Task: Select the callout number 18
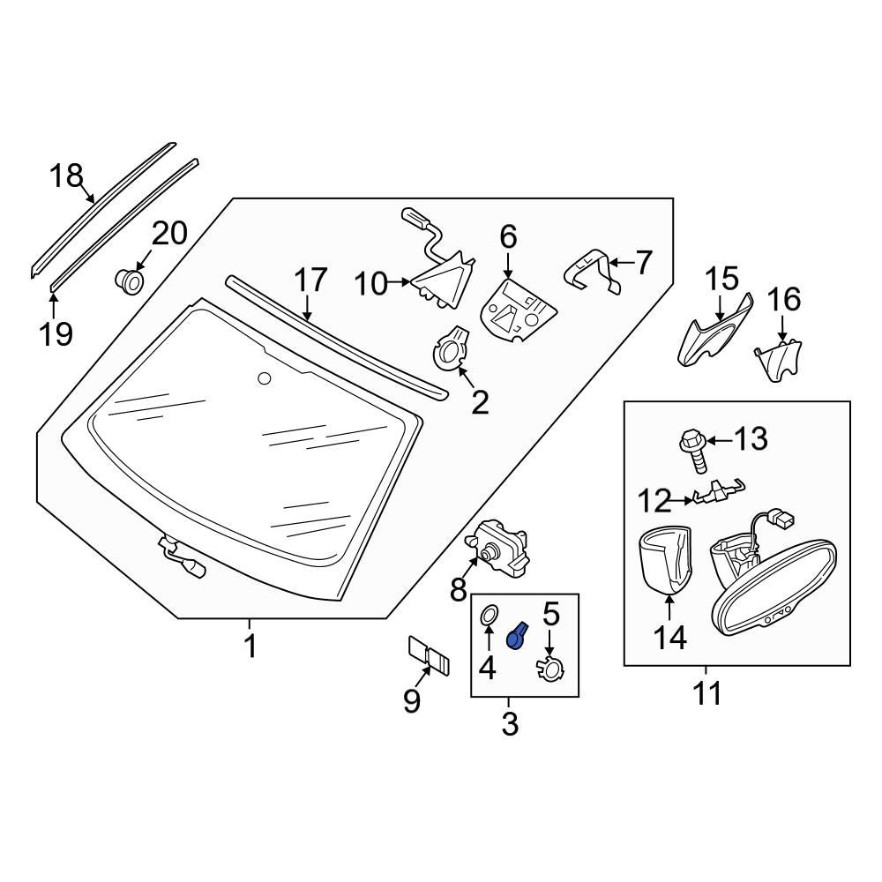tap(65, 176)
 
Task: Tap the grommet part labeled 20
tap(131, 281)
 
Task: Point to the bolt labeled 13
tap(692, 448)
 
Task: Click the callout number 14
tap(669, 638)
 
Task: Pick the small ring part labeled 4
tap(488, 616)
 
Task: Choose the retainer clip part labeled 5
tap(550, 670)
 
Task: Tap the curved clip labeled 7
tap(586, 268)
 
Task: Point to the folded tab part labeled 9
tap(429, 658)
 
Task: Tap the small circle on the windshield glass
tap(263, 378)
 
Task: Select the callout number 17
tap(310, 280)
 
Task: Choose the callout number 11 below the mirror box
tap(706, 693)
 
